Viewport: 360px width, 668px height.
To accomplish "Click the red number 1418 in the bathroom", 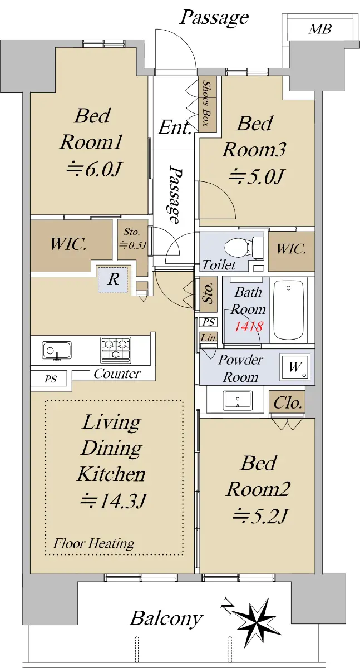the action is pos(248,327).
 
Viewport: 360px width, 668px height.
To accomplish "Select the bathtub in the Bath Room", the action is pos(288,311).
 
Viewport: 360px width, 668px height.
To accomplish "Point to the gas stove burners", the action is pos(116,350).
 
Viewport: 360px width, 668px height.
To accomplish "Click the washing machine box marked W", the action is pos(295,366).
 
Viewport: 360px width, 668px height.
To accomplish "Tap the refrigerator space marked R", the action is pos(114,279).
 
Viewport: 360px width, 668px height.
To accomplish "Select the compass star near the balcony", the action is pos(256,618).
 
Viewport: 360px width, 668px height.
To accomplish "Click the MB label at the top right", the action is pos(320,29).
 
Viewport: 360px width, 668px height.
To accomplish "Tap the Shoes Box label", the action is pos(208,103).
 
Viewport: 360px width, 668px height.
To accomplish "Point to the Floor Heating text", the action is pos(94,543).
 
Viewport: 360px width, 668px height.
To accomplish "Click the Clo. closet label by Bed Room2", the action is pos(288,403).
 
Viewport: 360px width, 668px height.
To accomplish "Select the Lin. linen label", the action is pos(209,337).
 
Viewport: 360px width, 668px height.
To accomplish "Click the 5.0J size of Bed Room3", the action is pos(256,176).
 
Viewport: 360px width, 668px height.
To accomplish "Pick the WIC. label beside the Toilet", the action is pos(291,249).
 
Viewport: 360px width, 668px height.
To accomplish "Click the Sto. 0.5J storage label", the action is pos(132,238).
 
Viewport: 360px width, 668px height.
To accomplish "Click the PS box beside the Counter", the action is pos(51,379).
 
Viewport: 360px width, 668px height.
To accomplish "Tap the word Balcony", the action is pos(166,619).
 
